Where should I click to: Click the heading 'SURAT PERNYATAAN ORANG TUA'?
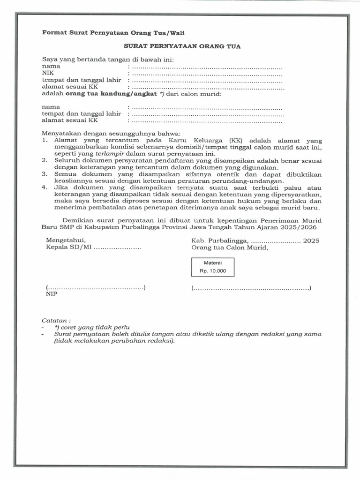(x=182, y=46)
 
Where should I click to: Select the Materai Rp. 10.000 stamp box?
(x=212, y=267)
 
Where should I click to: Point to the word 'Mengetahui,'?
(x=66, y=240)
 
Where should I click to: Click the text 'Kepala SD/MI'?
(x=68, y=247)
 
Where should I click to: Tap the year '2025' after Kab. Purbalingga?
(x=311, y=240)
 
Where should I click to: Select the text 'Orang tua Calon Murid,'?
(x=230, y=247)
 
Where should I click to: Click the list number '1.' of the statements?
(x=45, y=140)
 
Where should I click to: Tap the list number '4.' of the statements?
(x=45, y=187)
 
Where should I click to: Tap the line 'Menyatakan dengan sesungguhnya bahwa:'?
(x=108, y=133)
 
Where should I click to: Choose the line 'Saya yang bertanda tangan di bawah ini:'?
(x=108, y=60)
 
